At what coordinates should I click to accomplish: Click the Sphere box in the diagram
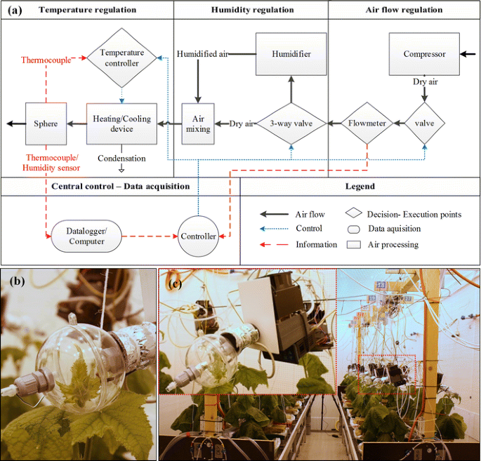[x=46, y=123]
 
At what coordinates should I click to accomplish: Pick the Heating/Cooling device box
[x=121, y=123]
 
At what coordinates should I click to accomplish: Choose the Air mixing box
[x=198, y=123]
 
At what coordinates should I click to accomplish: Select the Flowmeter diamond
[x=368, y=123]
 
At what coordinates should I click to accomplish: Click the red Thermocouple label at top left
[x=46, y=60]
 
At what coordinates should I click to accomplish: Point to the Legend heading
[x=360, y=187]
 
